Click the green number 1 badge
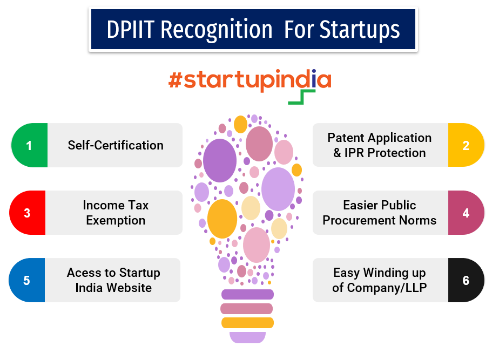tap(29, 145)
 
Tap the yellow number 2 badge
tap(466, 145)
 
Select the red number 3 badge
tap(27, 213)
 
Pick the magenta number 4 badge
tap(466, 213)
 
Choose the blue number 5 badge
tap(26, 280)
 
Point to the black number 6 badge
tap(466, 280)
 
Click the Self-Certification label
tap(116, 145)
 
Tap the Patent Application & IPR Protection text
tap(380, 145)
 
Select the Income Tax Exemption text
tap(116, 213)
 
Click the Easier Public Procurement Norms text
tap(380, 213)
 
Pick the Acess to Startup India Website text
tap(113, 280)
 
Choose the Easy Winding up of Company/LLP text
tap(380, 280)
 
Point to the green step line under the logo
tap(302, 98)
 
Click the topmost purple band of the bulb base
tap(247, 295)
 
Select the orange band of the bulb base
tap(247, 323)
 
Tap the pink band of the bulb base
tap(247, 309)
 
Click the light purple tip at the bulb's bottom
tap(247, 337)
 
